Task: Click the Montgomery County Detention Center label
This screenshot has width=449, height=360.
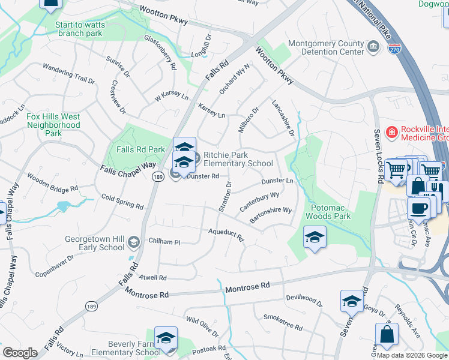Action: (326, 47)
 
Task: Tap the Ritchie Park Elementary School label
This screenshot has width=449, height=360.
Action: (238, 159)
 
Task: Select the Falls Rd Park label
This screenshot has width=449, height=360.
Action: (140, 149)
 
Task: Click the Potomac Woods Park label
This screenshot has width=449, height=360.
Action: (327, 211)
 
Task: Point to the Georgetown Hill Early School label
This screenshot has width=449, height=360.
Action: (95, 243)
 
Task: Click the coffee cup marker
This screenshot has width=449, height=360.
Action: (419, 208)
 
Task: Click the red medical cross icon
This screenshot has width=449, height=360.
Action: (391, 132)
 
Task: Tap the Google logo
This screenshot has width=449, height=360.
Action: (20, 353)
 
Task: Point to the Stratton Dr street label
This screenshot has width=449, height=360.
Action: (224, 199)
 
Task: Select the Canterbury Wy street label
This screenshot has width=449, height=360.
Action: (260, 201)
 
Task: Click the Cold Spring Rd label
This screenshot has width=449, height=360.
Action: (122, 202)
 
